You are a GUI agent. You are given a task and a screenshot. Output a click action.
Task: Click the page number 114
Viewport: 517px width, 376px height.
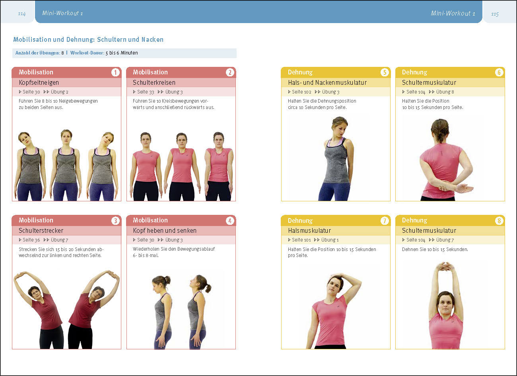click(22, 14)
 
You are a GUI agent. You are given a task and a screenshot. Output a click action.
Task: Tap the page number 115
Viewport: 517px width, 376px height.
click(495, 14)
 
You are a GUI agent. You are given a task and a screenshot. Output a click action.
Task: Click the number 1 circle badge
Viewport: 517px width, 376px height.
click(115, 72)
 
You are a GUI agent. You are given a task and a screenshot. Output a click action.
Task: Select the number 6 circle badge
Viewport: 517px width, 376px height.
click(499, 72)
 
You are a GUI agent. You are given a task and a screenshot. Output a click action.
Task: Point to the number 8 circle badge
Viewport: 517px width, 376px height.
click(499, 220)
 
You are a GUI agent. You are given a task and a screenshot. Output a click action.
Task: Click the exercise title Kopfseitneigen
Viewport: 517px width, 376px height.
click(39, 82)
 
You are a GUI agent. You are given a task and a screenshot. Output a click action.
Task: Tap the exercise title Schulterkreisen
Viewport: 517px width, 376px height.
click(154, 82)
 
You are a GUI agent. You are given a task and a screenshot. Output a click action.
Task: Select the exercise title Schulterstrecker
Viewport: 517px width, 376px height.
click(41, 230)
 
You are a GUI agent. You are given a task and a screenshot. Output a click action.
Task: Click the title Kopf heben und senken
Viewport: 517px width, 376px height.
click(165, 230)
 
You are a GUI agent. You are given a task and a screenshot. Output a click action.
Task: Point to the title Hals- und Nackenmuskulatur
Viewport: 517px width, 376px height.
click(327, 82)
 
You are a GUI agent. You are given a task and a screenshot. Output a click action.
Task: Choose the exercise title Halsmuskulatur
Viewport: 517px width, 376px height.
click(309, 230)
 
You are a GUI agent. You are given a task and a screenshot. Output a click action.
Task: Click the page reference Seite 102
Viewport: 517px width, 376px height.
click(301, 92)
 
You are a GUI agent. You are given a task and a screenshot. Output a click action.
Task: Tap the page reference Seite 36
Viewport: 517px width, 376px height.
click(31, 240)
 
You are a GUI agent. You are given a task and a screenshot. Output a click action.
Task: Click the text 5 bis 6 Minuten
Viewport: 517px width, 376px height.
click(122, 53)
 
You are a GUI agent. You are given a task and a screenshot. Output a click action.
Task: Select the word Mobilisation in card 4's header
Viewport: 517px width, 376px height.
click(150, 220)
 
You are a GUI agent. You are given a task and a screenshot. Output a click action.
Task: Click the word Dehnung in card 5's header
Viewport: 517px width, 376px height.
click(300, 72)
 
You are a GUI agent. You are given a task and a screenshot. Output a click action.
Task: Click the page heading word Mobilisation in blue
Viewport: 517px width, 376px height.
click(32, 39)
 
